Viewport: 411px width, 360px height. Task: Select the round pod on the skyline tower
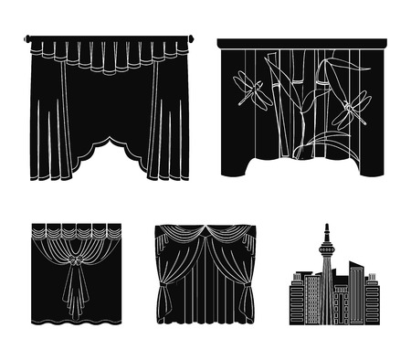click(x=326, y=250)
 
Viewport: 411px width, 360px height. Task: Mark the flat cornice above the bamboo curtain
click(x=301, y=42)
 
